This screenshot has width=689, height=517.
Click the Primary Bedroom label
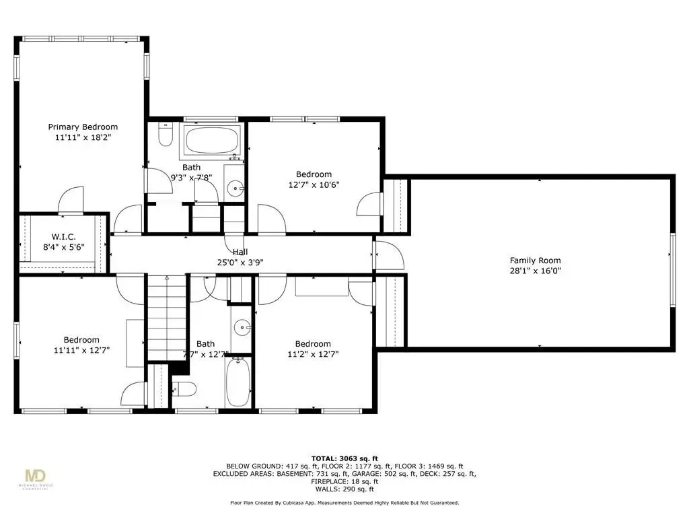[83, 127]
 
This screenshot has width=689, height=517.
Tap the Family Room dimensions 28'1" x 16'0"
[535, 271]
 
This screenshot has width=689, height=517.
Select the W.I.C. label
[64, 237]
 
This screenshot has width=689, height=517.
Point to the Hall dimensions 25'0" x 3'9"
[240, 263]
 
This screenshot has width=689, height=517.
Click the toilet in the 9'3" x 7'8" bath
[166, 135]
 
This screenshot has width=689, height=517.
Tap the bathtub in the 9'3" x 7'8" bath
[212, 141]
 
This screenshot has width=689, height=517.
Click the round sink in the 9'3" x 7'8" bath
[236, 189]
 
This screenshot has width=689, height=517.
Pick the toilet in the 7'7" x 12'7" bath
[184, 388]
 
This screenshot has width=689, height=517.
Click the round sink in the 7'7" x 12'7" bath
[242, 328]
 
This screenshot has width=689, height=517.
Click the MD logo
[36, 476]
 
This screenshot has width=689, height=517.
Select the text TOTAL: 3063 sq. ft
[344, 458]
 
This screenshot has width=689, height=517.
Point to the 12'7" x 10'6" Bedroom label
[314, 174]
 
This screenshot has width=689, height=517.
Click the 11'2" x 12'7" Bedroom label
[313, 344]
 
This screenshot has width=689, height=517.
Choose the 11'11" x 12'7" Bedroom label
[81, 340]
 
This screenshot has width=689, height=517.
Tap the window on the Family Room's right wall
[672, 269]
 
